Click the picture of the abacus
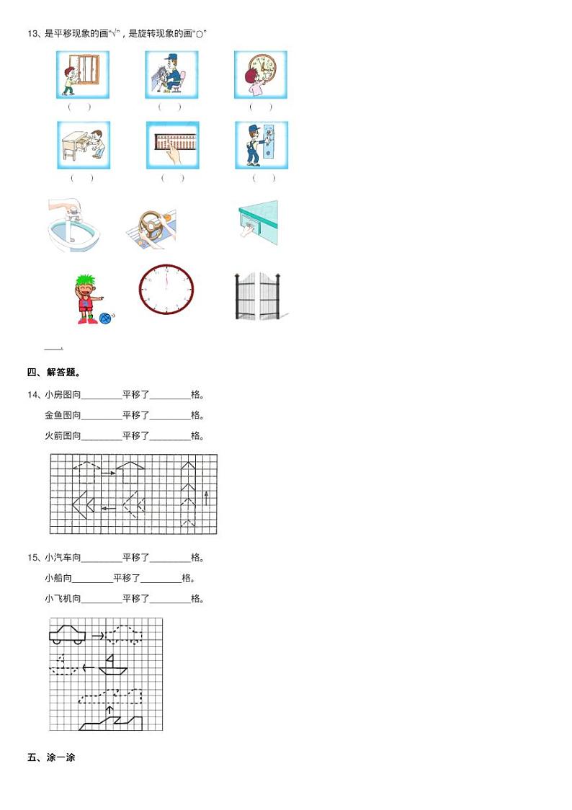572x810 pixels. click(x=173, y=145)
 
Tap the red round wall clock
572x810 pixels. click(x=166, y=289)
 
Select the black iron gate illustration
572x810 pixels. click(x=258, y=296)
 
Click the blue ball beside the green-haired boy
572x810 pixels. click(x=107, y=317)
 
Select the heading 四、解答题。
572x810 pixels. click(x=53, y=373)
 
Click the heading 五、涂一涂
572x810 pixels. click(x=51, y=757)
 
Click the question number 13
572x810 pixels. click(x=32, y=33)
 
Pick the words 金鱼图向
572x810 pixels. click(x=63, y=415)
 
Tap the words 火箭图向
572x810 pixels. click(x=63, y=435)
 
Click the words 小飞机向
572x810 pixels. click(x=63, y=598)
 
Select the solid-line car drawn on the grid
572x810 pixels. click(x=67, y=633)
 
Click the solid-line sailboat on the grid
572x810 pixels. click(x=112, y=665)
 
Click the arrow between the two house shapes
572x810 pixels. click(x=107, y=473)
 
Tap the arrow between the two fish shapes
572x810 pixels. click(x=108, y=508)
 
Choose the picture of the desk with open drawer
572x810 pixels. click(x=84, y=145)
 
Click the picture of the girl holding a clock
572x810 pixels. click(x=260, y=75)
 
